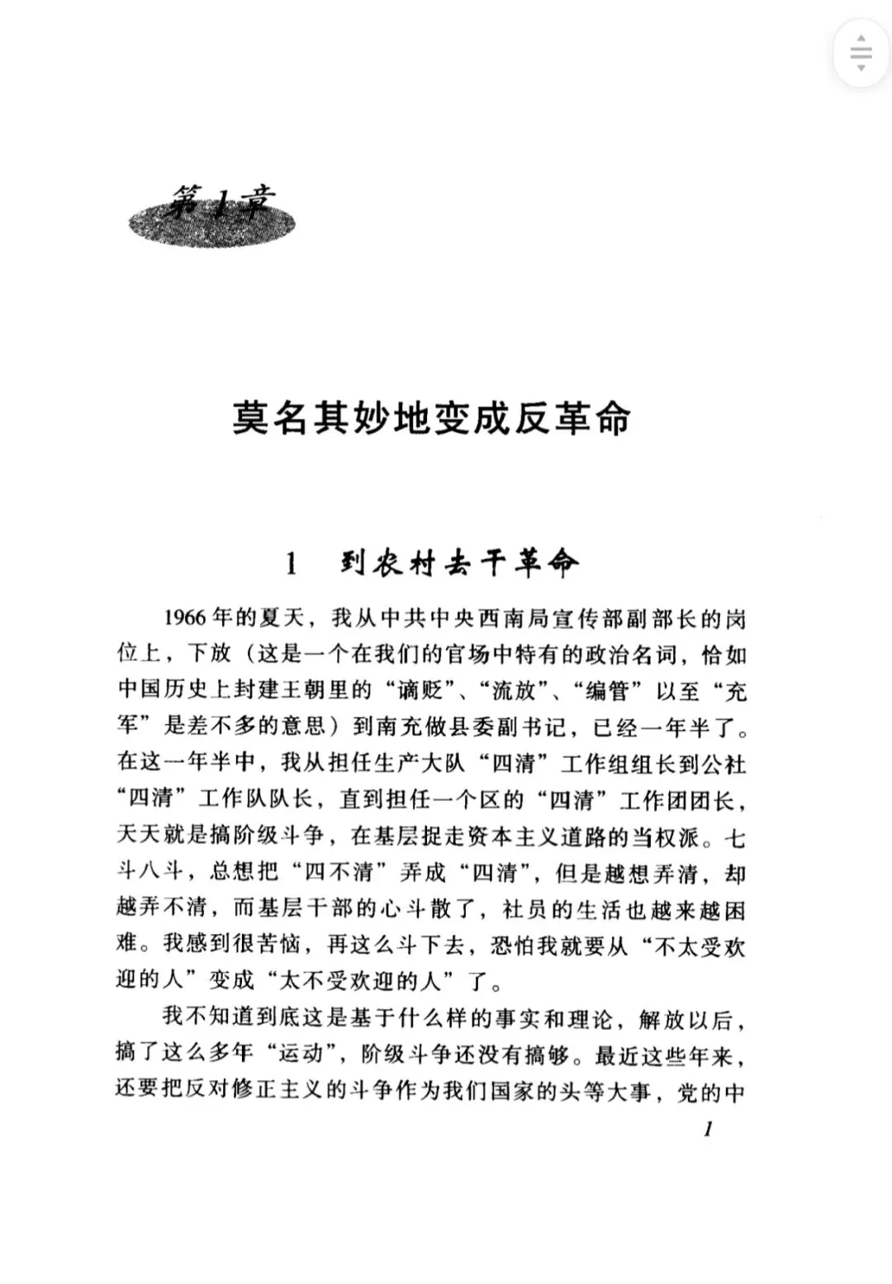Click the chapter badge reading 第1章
pyautogui.click(x=212, y=216)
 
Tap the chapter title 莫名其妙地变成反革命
pyautogui.click(x=430, y=419)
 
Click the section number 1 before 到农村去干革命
pyautogui.click(x=290, y=565)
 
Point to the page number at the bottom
pyautogui.click(x=708, y=1129)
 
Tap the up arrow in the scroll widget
pyautogui.click(x=861, y=38)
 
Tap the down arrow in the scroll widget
pyautogui.click(x=861, y=68)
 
